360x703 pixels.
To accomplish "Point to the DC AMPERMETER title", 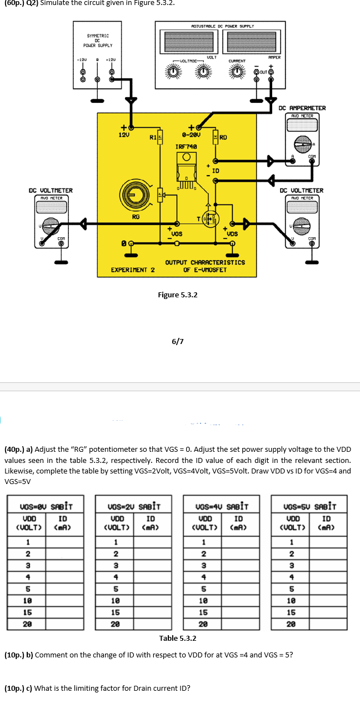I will coord(302,108).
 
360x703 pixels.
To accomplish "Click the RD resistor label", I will coord(224,137).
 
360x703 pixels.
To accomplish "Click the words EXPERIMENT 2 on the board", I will coord(133,270).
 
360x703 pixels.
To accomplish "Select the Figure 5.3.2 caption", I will coord(178,295).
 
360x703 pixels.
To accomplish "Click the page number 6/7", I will coord(178,341).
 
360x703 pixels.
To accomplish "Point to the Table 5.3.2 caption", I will coord(178,639).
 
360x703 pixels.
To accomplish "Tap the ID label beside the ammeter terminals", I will coord(215,170).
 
